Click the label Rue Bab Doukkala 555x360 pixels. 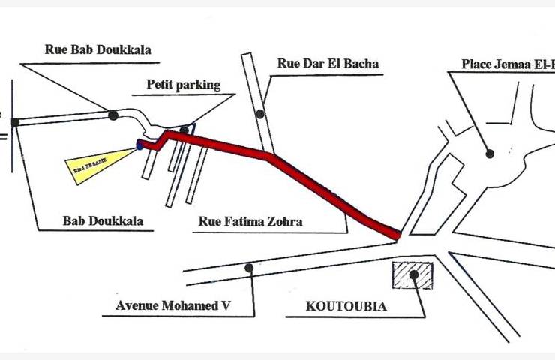(98, 51)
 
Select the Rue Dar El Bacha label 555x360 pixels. (328, 64)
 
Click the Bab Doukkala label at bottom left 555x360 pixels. (103, 222)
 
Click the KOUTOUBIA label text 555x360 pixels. (346, 306)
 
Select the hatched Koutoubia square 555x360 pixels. (413, 275)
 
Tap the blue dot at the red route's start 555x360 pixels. (139, 146)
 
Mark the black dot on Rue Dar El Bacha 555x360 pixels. (259, 114)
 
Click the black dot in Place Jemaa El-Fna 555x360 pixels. (490, 154)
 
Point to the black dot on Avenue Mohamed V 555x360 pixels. (248, 266)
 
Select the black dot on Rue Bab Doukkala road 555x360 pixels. (112, 115)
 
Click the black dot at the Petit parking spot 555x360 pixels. (184, 130)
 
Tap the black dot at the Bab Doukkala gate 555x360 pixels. (14, 122)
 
